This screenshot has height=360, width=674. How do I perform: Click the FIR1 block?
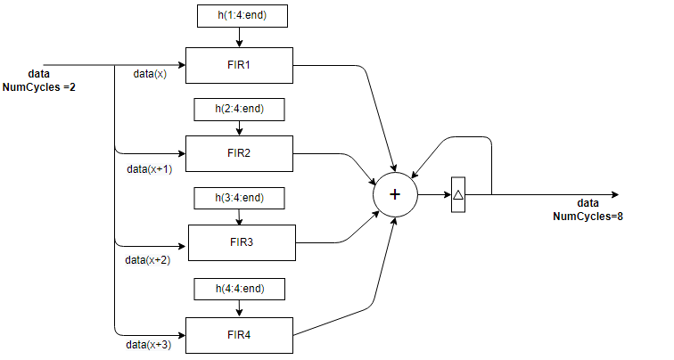(238, 65)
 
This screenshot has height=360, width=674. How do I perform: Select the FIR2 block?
(238, 153)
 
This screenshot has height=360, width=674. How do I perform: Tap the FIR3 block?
(241, 241)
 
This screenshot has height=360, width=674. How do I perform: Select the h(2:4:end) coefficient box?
(238, 109)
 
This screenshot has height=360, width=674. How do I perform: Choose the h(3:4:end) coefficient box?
(238, 197)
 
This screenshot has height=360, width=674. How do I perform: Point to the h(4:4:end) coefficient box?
(238, 289)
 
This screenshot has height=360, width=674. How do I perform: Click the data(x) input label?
(150, 74)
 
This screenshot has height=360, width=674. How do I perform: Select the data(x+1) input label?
(149, 168)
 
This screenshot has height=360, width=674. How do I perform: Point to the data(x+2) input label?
(147, 259)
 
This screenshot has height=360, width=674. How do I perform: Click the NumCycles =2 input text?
(39, 87)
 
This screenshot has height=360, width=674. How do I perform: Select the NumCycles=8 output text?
(588, 216)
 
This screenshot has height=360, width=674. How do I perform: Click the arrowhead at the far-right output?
(613, 194)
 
